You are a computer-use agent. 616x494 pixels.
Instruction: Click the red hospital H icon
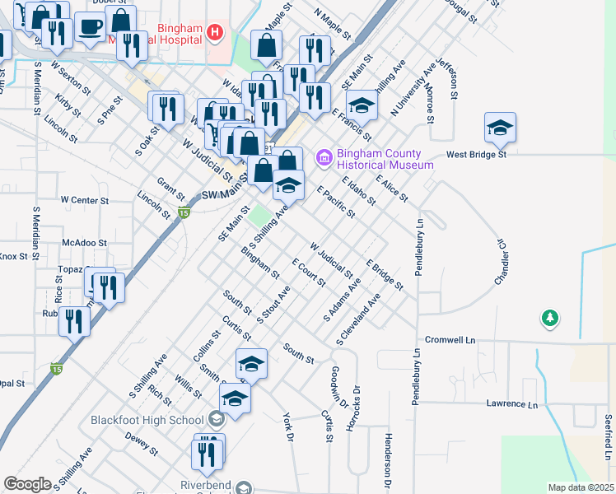tap(215, 32)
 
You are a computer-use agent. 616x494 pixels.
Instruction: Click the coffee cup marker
tap(90, 28)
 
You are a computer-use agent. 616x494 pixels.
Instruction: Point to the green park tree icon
tap(549, 317)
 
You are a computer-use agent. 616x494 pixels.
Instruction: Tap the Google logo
tap(27, 484)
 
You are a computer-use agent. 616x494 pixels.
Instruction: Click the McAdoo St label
tap(85, 243)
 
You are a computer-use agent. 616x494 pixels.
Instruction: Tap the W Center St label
tap(84, 199)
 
